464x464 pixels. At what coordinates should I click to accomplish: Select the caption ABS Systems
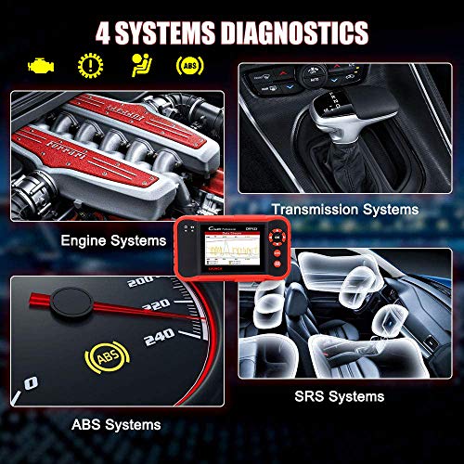tap(117, 424)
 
